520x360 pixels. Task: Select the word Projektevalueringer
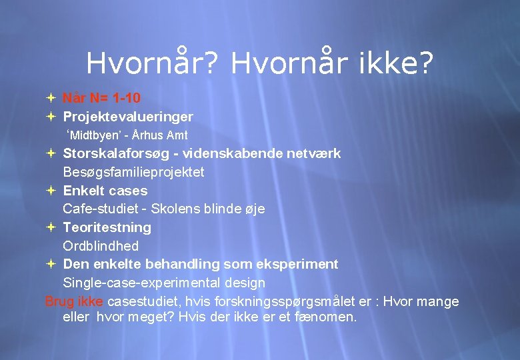[x=128, y=117]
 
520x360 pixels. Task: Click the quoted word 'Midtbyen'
[x=91, y=136]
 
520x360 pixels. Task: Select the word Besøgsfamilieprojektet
[x=133, y=172]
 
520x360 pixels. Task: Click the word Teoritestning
[x=107, y=227]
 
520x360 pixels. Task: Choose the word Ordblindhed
[x=101, y=246]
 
